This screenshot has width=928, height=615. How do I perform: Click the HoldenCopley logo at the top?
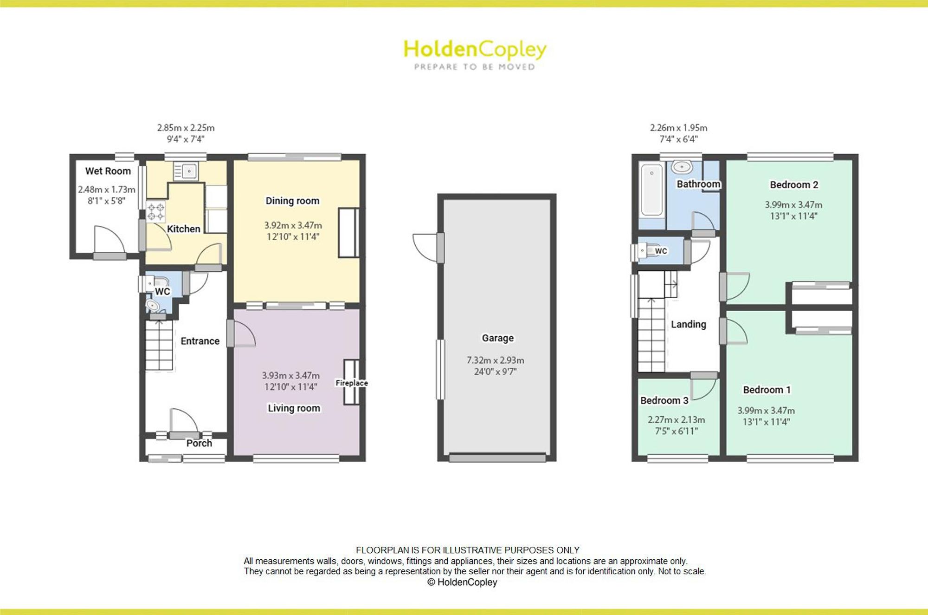pos(475,55)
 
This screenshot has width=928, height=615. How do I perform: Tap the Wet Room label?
pos(108,171)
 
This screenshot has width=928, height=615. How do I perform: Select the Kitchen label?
pos(183,229)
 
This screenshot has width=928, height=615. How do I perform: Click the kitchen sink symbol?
pos(186,171)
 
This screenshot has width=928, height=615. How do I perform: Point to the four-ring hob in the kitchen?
pos(155,211)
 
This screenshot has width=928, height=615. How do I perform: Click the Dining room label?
pos(292,201)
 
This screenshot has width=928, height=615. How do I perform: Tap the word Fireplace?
pos(352,383)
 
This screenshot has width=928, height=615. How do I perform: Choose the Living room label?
pos(294,408)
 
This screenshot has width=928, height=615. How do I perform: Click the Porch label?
pos(199,443)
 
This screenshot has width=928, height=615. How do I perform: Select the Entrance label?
pos(200,341)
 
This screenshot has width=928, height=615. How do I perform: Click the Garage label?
pos(497,338)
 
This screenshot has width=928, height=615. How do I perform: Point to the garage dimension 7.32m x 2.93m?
pos(495,360)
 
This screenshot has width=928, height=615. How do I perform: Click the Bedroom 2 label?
pos(794,184)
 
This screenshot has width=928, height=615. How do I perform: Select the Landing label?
pos(689,324)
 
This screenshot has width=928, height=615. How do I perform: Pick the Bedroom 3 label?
pos(664,400)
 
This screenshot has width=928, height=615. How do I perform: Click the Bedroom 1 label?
pos(767,390)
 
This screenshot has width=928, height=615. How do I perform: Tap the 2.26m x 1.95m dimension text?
pos(678,127)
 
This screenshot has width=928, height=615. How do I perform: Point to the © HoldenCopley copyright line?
pos(462,582)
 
